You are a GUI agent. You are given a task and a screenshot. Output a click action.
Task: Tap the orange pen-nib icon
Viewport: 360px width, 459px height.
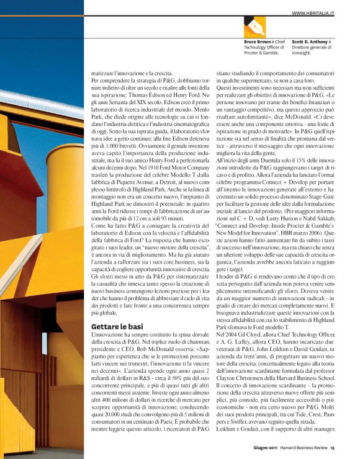point(254,25)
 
